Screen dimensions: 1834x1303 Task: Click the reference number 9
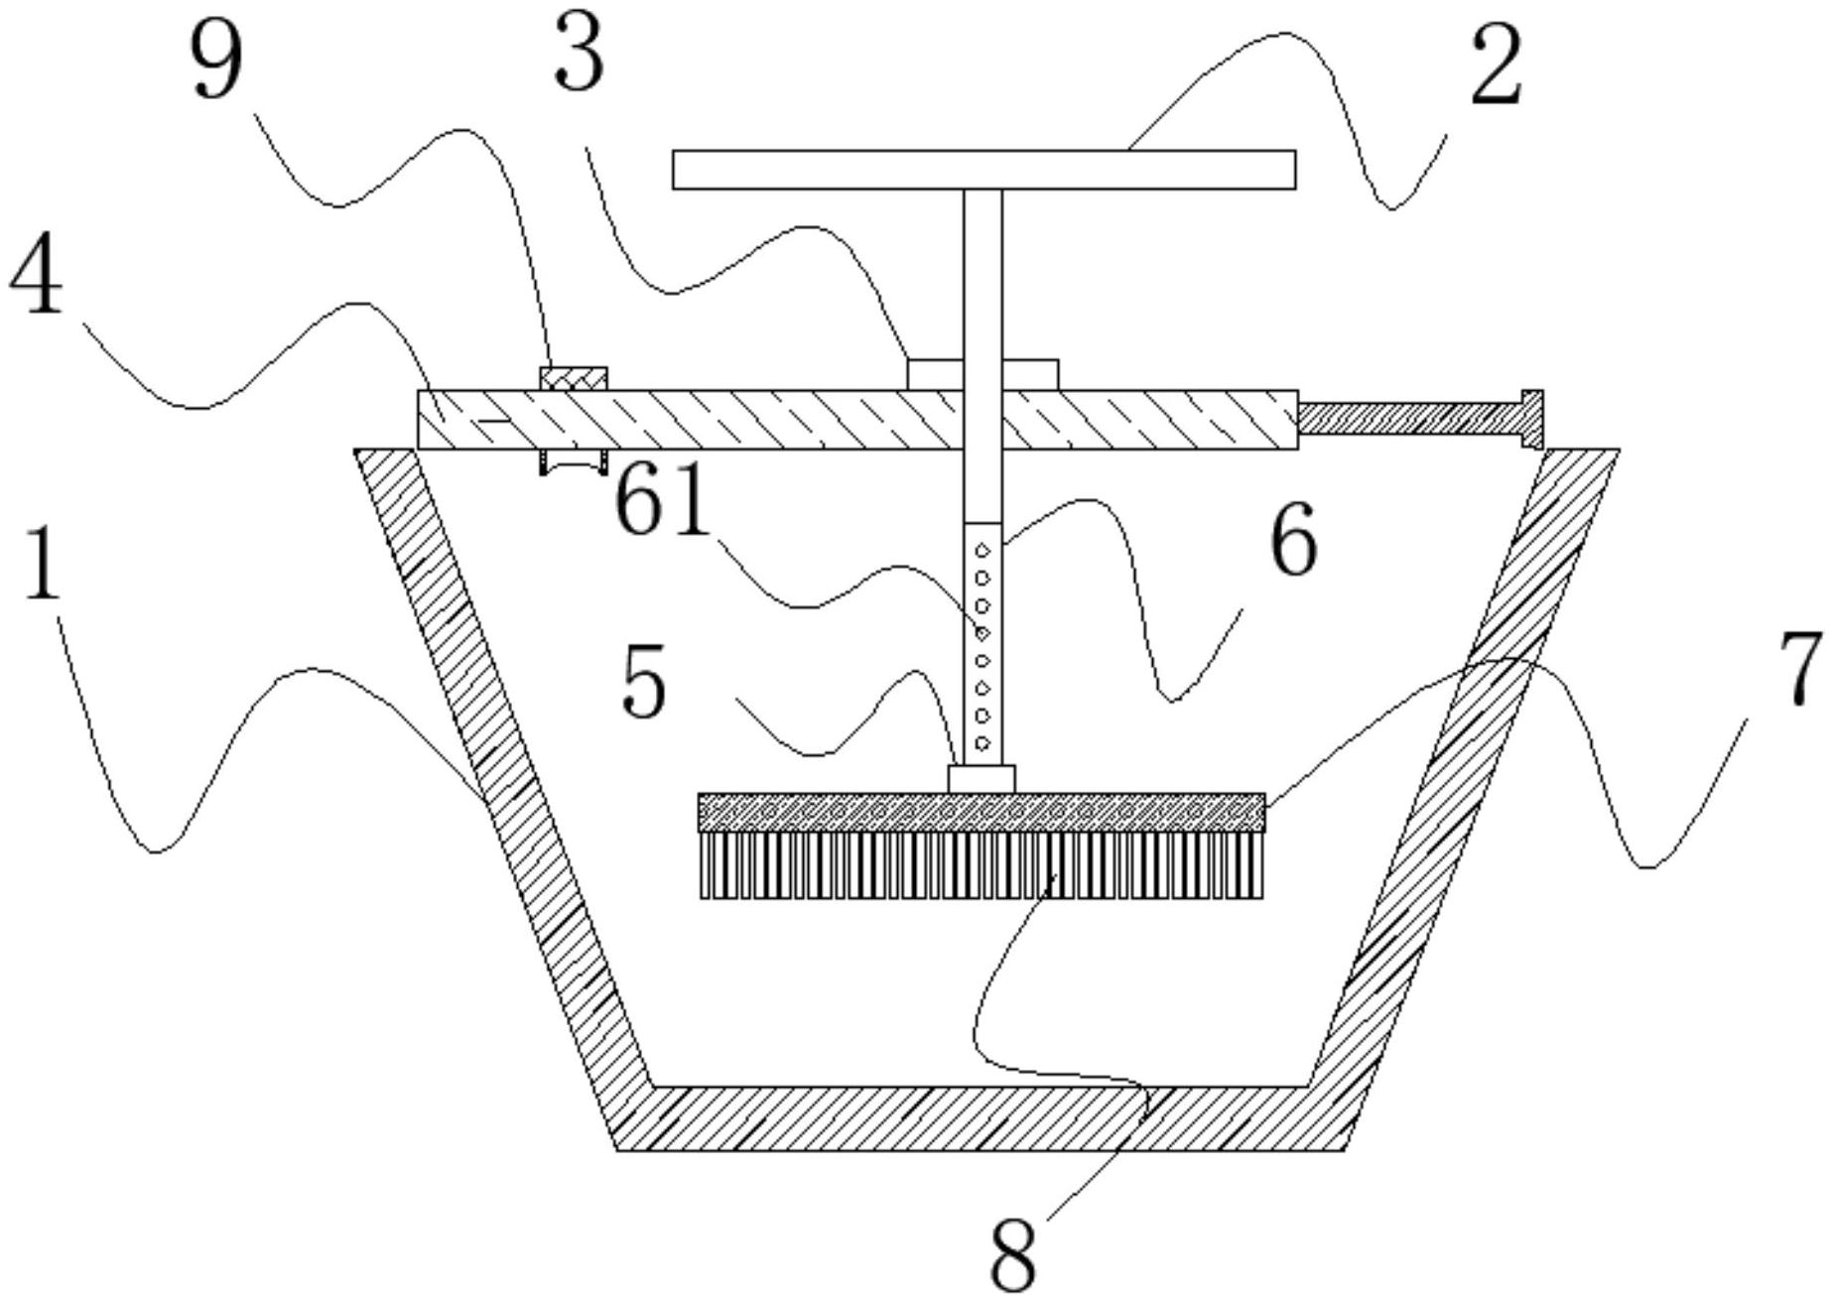tap(216, 63)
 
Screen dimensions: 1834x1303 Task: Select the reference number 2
tap(1496, 67)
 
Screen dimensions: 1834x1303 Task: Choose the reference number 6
tap(1293, 540)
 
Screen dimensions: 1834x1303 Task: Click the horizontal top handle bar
tap(983, 170)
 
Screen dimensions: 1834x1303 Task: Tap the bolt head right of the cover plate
tap(1531, 419)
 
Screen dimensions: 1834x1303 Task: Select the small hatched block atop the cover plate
tap(573, 378)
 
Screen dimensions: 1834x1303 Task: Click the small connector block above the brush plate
tap(982, 779)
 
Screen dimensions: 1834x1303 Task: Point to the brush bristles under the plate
tap(982, 864)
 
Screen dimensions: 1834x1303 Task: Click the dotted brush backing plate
tap(982, 813)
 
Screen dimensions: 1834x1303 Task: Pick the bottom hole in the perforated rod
tap(982, 742)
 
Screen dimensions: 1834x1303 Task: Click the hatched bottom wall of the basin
tap(981, 1118)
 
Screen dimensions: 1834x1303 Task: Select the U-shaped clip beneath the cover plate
tap(573, 462)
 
